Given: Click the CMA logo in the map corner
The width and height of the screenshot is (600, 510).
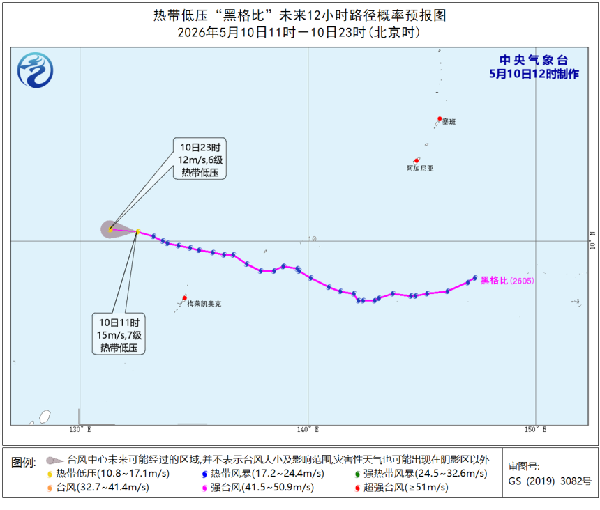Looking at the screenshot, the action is pyautogui.click(x=35, y=70).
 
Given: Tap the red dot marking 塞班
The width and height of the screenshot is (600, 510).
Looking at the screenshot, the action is pyautogui.click(x=440, y=119).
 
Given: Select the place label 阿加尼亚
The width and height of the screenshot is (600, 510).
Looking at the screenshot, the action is pyautogui.click(x=420, y=168).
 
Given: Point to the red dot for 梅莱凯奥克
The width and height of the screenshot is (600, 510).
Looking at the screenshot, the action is pyautogui.click(x=184, y=298).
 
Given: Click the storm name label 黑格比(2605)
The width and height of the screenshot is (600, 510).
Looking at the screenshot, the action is pyautogui.click(x=507, y=281).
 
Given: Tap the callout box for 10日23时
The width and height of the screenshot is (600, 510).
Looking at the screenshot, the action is pyautogui.click(x=200, y=159).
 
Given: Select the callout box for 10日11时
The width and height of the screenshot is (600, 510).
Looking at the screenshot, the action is pyautogui.click(x=119, y=334).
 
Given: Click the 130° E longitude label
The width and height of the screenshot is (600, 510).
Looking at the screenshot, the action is pyautogui.click(x=80, y=429).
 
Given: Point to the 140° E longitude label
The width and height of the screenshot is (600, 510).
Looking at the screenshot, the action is pyautogui.click(x=308, y=429).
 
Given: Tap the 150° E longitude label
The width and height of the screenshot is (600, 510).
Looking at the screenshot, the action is pyautogui.click(x=536, y=429).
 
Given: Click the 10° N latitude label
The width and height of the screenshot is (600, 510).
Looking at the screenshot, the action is pyautogui.click(x=593, y=240).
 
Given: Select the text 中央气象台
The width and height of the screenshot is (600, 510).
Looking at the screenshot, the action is pyautogui.click(x=534, y=60).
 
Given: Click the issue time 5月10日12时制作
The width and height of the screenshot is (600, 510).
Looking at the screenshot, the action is pyautogui.click(x=534, y=74).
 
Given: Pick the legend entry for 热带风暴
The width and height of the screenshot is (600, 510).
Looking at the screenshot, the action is pyautogui.click(x=263, y=474).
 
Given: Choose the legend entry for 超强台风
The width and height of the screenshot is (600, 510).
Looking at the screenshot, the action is pyautogui.click(x=401, y=488).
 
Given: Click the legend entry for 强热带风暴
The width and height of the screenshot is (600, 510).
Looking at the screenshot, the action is pyautogui.click(x=421, y=474).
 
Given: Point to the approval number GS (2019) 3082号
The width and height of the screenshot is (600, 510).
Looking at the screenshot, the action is pyautogui.click(x=550, y=481).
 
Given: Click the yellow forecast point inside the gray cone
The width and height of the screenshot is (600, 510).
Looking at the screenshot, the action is pyautogui.click(x=111, y=229).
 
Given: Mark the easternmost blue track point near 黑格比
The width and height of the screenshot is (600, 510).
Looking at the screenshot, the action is pyautogui.click(x=475, y=278).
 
